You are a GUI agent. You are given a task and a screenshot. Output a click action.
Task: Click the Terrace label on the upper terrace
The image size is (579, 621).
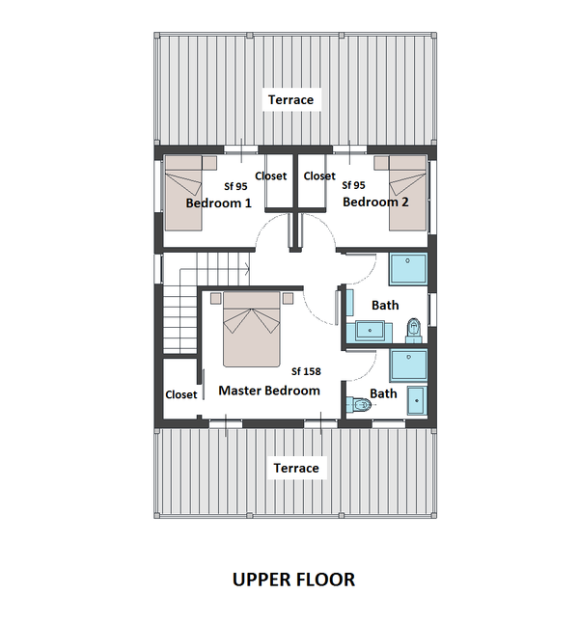pyautogui.click(x=290, y=99)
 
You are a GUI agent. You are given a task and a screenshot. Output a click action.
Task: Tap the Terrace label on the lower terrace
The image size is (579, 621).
pyautogui.click(x=295, y=468)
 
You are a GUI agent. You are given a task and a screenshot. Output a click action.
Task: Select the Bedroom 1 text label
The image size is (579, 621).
pyautogui.click(x=218, y=202)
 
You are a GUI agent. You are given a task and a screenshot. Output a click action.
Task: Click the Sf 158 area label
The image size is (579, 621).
pyautogui.click(x=306, y=371)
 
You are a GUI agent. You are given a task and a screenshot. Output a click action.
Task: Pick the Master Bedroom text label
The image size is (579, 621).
pyautogui.click(x=268, y=391)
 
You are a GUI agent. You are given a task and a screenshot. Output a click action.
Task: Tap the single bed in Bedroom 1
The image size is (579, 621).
pyautogui.click(x=183, y=193)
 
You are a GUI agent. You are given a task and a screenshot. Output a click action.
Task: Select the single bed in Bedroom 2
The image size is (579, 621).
pyautogui.click(x=406, y=193)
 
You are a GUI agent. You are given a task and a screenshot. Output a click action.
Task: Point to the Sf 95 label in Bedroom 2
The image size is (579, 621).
pyautogui.click(x=353, y=186)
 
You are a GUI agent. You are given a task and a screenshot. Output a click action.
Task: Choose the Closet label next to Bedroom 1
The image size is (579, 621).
pyautogui.click(x=271, y=176)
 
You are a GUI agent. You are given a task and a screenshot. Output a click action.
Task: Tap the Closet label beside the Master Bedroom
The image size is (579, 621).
pyautogui.click(x=180, y=394)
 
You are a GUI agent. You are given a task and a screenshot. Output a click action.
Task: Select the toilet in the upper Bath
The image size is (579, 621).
pyautogui.click(x=413, y=329)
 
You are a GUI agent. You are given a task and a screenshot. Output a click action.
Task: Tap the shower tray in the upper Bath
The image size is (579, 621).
pyautogui.click(x=407, y=268)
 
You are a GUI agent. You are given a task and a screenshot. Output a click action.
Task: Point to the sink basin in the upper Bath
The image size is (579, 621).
pyautogui.click(x=371, y=331)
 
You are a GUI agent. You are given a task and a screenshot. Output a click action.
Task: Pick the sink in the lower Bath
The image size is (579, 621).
pyautogui.click(x=417, y=400)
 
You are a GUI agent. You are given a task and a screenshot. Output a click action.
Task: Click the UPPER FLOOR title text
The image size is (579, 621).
pyautogui.click(x=293, y=580)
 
